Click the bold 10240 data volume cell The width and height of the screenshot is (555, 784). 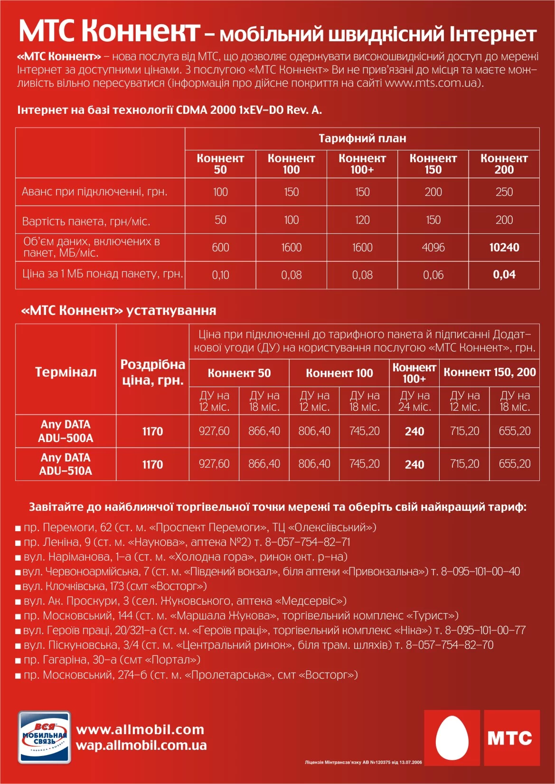pos(504,247)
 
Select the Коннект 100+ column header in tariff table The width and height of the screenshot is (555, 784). pos(362,164)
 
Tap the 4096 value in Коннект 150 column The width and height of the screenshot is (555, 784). pos(433,247)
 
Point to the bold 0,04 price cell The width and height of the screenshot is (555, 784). pos(504,275)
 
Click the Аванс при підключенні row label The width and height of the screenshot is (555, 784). pos(94,192)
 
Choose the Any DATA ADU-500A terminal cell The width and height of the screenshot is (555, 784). pos(66,431)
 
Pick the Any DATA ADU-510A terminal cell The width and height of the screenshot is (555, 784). pos(66,464)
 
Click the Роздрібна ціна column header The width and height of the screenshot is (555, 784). pos(152,372)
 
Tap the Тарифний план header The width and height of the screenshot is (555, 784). pos(362,138)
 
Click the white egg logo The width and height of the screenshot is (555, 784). pos(452,738)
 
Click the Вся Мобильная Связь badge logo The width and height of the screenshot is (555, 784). pos(45,737)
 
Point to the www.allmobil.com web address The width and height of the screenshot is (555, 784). pos(140,729)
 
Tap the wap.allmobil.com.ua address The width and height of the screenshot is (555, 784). pos(141,745)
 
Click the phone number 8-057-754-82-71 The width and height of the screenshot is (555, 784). pos(308,542)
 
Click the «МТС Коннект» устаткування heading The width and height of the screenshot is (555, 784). pos(119,311)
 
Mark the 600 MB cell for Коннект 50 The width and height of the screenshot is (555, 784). pos(220,247)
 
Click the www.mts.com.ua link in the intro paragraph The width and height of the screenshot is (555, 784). pos(433,83)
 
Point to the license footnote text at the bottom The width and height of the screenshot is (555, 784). pos(363,762)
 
